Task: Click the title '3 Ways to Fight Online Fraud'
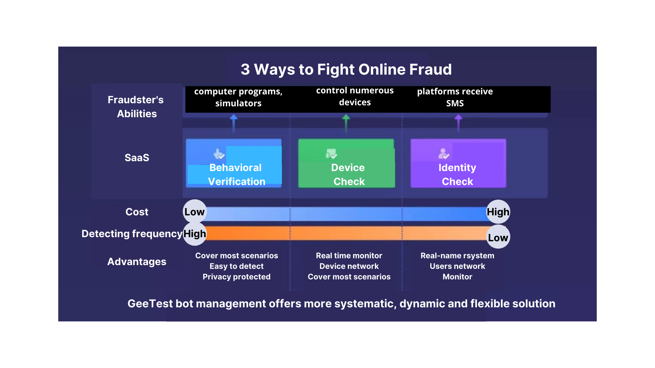click(346, 70)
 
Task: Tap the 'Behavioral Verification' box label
click(236, 174)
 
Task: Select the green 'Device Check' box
click(347, 164)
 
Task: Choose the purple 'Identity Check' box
click(458, 164)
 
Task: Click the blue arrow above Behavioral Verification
click(234, 123)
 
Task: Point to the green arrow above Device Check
click(346, 123)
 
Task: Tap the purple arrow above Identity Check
click(458, 123)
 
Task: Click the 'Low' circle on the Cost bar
click(194, 212)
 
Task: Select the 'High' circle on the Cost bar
click(498, 212)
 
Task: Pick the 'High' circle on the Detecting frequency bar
click(194, 234)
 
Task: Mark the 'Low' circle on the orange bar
click(498, 237)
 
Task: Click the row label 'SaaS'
click(137, 158)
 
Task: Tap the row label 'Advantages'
click(137, 262)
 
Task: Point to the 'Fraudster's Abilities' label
click(136, 107)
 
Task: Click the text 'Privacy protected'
click(236, 277)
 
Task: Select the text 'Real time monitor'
click(349, 256)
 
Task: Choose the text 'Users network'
click(457, 266)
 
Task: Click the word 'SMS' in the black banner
click(455, 103)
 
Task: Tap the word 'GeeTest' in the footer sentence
click(150, 304)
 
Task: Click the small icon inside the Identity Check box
click(443, 154)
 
